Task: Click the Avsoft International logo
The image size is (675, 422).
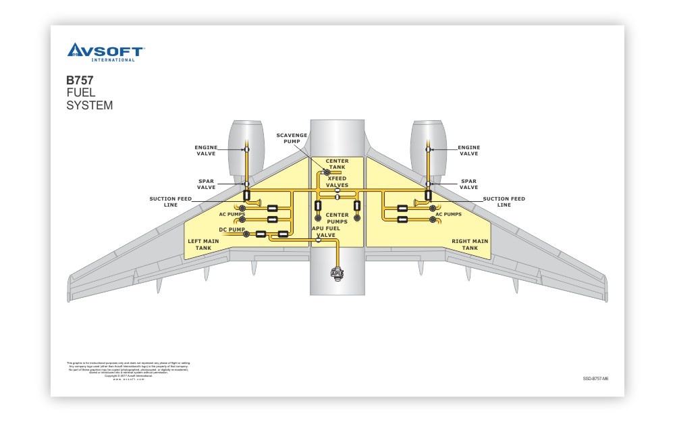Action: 105,52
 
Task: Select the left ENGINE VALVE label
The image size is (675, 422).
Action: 207,150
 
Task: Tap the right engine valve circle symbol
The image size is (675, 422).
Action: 428,149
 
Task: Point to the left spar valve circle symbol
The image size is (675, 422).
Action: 247,183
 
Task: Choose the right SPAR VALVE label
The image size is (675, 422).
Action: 468,184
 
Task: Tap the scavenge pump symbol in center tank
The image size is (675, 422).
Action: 327,173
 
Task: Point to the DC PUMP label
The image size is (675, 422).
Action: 232,230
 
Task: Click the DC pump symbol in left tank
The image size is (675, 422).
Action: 246,234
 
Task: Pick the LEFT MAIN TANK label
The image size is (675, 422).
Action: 202,244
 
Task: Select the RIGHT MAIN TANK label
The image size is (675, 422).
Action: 470,244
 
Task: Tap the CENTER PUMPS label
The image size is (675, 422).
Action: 337,218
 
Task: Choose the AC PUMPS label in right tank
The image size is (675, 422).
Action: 448,214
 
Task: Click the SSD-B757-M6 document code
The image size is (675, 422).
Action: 595,379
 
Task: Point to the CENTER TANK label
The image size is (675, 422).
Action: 337,164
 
